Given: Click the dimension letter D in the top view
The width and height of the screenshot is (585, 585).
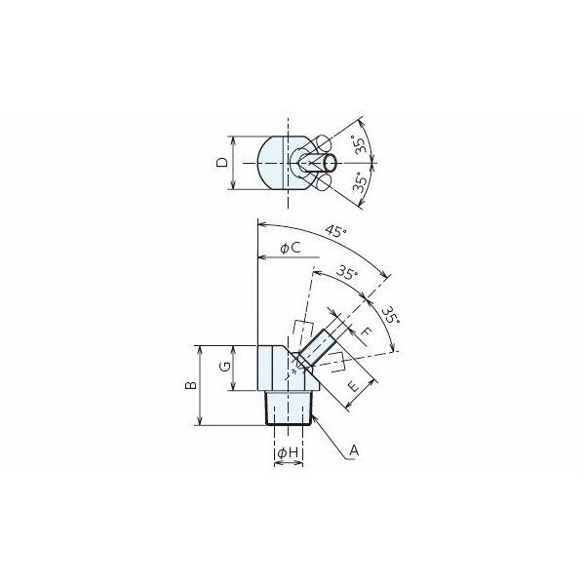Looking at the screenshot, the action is click(222, 163).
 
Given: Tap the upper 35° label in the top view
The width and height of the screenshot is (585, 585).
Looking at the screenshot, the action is click(360, 145).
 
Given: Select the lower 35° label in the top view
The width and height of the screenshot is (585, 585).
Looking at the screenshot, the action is click(360, 182).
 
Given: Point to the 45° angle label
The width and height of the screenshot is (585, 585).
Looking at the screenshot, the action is click(335, 231).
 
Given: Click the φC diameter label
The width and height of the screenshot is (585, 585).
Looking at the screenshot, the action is click(291, 248).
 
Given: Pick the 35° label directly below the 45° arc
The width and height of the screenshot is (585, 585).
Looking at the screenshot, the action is click(347, 273).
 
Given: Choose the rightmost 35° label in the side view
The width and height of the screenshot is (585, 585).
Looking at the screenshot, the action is click(392, 316).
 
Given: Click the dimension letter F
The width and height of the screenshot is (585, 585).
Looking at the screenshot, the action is click(368, 331).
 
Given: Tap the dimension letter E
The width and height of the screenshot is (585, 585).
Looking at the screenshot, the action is click(355, 385).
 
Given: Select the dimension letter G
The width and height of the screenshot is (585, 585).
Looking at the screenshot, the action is click(225, 368).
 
